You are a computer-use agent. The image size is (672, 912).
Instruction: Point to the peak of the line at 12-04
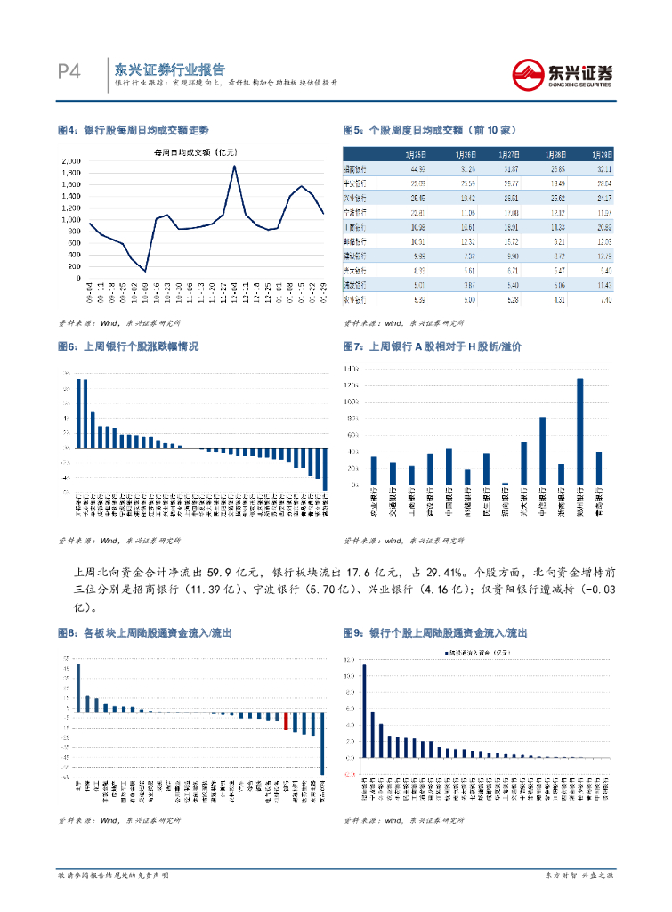(x=233, y=166)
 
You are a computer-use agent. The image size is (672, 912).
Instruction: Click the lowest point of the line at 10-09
(x=144, y=271)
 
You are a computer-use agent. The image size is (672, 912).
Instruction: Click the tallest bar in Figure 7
(x=580, y=432)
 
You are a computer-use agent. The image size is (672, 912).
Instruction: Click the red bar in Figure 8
(x=286, y=721)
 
